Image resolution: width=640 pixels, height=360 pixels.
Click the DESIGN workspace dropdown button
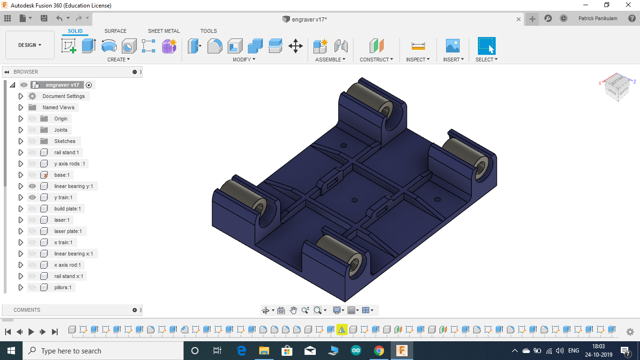click(30, 45)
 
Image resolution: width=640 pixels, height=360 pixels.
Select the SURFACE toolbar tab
click(115, 31)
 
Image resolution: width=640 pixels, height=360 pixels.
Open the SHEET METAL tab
click(164, 31)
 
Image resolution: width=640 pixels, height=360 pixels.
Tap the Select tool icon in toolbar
click(486, 46)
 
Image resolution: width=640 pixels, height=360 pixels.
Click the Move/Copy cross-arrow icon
click(295, 46)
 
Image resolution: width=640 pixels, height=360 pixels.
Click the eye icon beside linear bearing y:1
click(32, 186)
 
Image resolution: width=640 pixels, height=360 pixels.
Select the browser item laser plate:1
click(67, 231)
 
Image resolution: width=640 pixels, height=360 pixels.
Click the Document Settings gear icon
click(32, 96)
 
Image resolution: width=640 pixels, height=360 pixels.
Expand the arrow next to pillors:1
click(21, 287)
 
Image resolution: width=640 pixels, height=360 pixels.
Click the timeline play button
click(31, 332)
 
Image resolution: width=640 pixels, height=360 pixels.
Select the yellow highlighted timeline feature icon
click(342, 330)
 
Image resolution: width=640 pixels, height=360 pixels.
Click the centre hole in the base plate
click(354, 200)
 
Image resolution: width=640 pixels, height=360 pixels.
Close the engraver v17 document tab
click(519, 19)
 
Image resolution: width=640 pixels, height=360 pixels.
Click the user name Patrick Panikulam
click(598, 19)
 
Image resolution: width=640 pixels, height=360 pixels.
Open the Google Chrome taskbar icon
click(379, 351)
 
